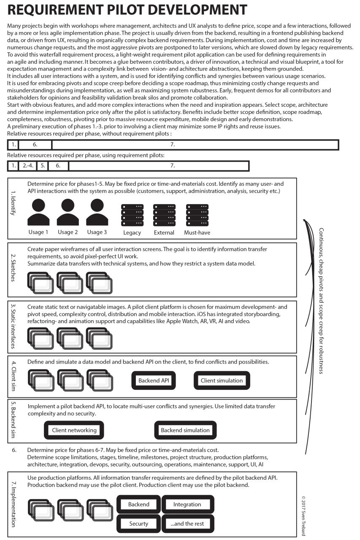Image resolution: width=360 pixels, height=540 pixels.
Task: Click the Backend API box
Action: coord(154,381)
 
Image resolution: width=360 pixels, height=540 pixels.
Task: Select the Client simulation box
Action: coord(222,381)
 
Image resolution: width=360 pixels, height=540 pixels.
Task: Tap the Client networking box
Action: coord(74,430)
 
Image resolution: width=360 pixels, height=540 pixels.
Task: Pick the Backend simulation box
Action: coord(185,430)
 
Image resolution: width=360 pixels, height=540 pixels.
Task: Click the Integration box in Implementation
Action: coord(187,505)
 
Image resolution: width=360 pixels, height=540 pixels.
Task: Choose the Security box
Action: coord(138,524)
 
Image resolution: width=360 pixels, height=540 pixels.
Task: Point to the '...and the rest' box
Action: coord(187,524)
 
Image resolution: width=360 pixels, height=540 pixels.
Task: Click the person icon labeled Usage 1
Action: coord(38,213)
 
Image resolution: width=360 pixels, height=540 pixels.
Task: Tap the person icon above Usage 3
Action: coord(97,213)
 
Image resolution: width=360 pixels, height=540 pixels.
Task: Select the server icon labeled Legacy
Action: coord(132,215)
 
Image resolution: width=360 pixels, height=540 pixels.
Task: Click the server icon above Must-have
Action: coord(197,215)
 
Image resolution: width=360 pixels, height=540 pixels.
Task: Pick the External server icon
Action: coord(164,215)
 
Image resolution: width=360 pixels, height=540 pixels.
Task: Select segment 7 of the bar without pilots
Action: coord(195,145)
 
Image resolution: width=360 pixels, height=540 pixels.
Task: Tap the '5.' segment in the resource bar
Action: coord(42,166)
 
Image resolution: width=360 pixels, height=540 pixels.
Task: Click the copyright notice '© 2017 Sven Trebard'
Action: coord(303,516)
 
